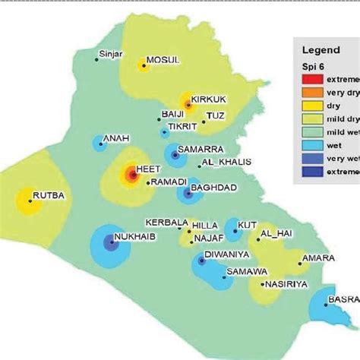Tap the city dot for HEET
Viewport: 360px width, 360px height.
pos(131,177)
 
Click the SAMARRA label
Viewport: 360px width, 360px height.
pos(201,149)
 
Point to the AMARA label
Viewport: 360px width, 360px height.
pos(317,258)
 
